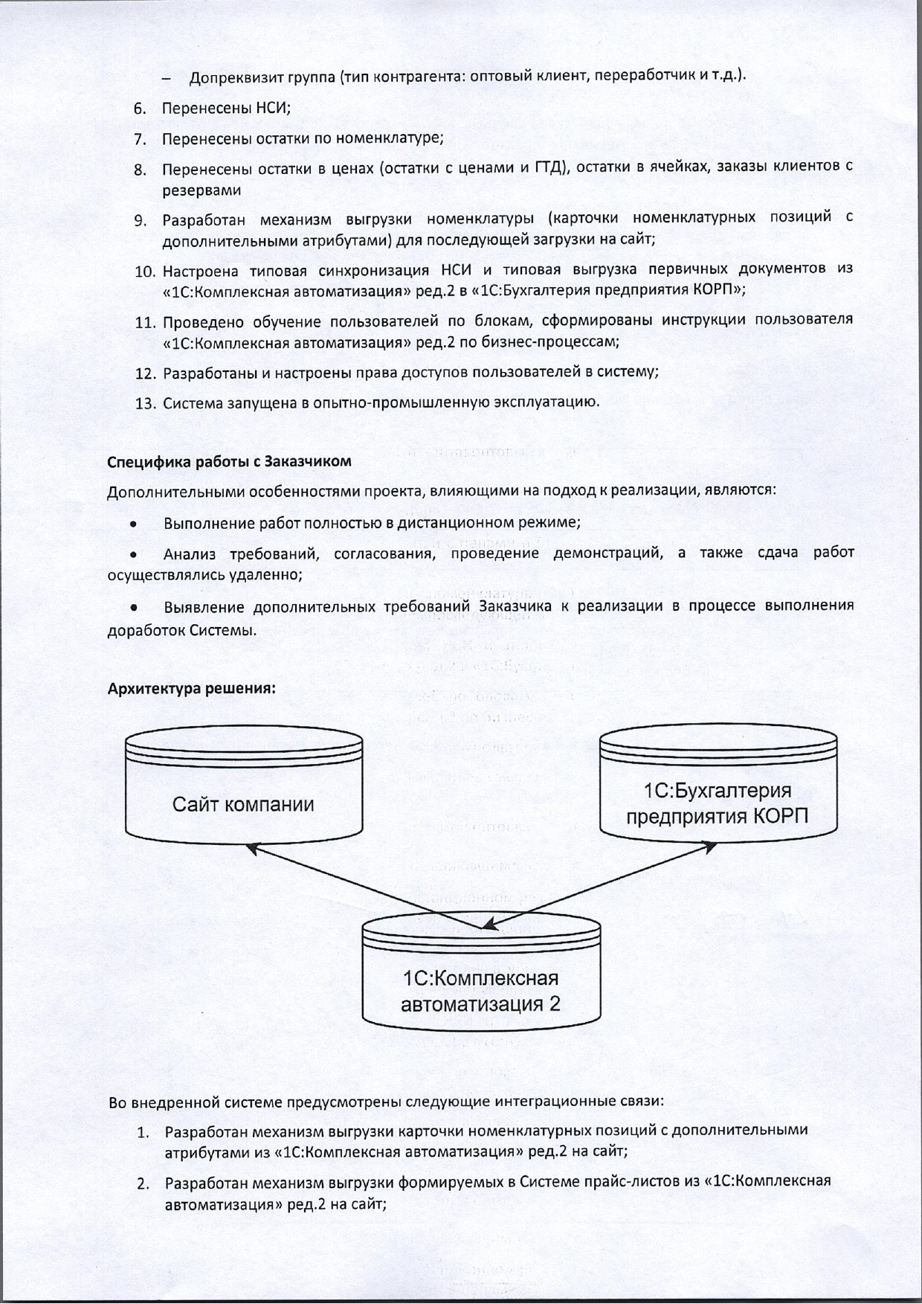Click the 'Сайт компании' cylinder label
click(243, 804)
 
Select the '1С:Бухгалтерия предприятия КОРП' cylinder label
click(717, 803)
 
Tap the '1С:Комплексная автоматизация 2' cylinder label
click(480, 991)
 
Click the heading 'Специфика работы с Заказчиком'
click(229, 461)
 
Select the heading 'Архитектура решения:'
click(192, 688)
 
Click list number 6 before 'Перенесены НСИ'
click(140, 108)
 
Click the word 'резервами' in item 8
click(202, 190)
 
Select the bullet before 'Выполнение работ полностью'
click(132, 523)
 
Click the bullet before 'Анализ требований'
click(132, 554)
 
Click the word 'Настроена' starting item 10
click(196, 269)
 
